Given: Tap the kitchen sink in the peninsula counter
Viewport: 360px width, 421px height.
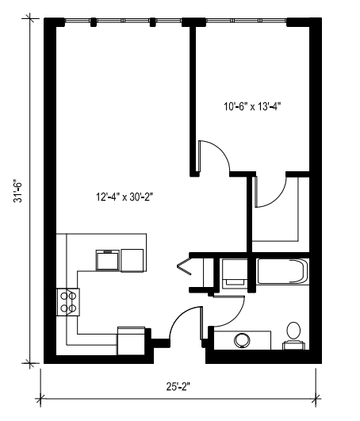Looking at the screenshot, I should [107, 259].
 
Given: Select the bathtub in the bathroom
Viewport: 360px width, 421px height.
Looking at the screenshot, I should [281, 273].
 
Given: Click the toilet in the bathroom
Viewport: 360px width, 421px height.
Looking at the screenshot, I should [293, 334].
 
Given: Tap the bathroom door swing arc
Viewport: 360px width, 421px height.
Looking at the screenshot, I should [228, 305].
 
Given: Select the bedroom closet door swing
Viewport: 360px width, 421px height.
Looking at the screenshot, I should [270, 193].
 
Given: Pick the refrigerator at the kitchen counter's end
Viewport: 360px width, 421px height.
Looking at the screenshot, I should [132, 340].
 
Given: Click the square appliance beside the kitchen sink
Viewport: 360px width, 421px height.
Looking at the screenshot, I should [132, 259].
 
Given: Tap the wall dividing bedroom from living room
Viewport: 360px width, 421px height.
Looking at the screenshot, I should [192, 95].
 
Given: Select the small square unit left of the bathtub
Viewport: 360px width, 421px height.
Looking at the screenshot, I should [234, 273].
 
